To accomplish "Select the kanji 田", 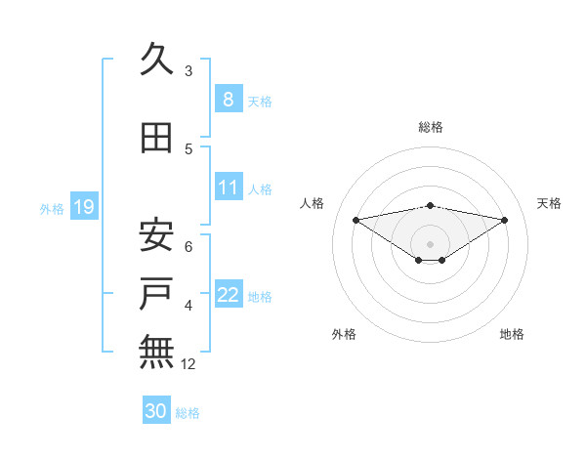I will point(157,139).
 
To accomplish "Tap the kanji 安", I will point(157,235).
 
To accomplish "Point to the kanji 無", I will point(157,351).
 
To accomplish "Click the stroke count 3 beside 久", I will point(188,71).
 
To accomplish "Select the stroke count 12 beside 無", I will point(189,364).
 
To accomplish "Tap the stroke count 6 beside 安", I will point(188,247).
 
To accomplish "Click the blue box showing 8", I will point(228,100).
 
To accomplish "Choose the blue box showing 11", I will point(228,188).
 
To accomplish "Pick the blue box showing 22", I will point(228,295).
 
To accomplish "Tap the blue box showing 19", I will point(83,207).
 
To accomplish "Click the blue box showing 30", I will point(156,411).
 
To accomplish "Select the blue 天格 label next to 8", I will point(260,102).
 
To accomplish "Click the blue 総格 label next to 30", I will point(188,413).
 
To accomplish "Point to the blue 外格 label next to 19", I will point(52,209).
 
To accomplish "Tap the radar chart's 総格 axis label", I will point(430,127).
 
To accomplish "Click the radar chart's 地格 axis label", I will point(512,334).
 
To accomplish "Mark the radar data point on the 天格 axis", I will point(505,220).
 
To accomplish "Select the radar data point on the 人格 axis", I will point(356,219).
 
